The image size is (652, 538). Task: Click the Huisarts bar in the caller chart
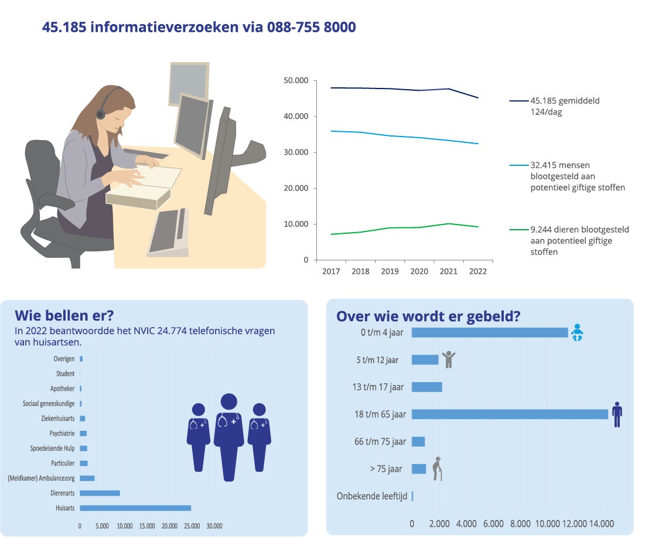135,508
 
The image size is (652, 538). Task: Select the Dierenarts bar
100,493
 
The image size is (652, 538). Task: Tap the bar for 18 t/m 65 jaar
510,414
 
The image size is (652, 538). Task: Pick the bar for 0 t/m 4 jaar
490,332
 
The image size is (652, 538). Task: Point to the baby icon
577,333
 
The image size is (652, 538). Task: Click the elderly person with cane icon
437,469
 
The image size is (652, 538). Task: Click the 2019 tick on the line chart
390,272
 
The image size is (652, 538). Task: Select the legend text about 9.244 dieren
579,241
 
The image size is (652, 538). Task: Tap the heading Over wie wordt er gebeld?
428,316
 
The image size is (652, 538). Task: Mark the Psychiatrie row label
62,434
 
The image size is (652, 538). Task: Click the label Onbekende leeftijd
371,496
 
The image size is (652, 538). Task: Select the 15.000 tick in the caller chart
147,526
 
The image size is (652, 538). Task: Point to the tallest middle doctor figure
228,437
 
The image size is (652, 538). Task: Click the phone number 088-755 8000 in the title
311,27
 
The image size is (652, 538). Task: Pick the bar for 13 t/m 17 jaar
426,387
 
